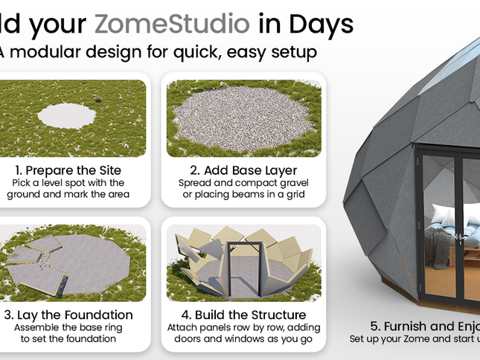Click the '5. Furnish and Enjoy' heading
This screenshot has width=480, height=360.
(424, 326)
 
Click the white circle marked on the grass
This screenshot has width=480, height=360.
(67, 116)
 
